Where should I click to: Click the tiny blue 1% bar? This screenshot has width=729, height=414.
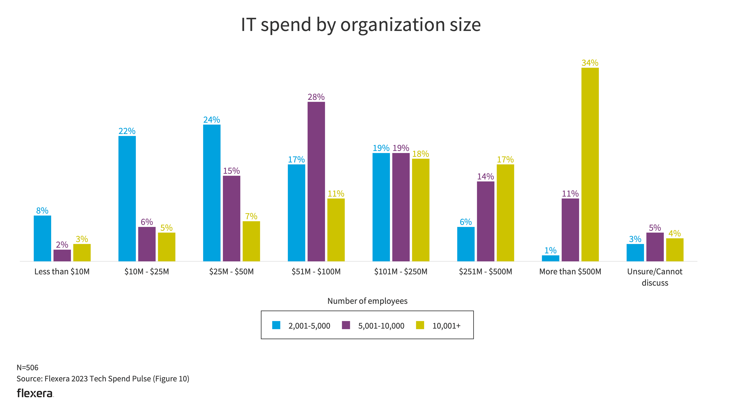(550, 258)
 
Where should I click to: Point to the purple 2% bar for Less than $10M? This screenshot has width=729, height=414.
(62, 255)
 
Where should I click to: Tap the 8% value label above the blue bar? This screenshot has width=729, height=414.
(42, 211)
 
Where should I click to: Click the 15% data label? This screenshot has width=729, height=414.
(231, 171)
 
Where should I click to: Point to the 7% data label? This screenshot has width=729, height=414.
(251, 216)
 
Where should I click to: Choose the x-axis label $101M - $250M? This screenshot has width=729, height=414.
(400, 272)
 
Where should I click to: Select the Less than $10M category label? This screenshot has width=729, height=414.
(62, 272)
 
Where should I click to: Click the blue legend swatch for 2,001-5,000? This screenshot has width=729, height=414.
(276, 325)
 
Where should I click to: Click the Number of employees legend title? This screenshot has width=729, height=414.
(367, 301)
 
